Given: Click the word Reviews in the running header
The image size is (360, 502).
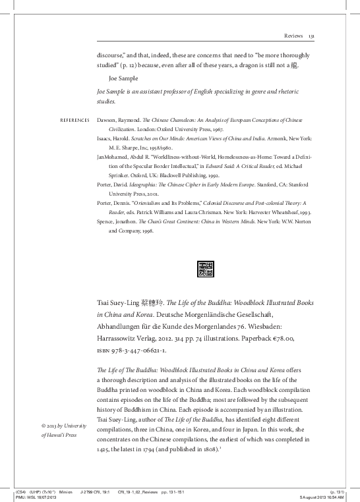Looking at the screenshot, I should [x=293, y=36].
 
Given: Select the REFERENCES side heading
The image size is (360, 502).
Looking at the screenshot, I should [x=61, y=122].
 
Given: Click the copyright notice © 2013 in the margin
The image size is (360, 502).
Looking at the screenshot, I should [x=58, y=426].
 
